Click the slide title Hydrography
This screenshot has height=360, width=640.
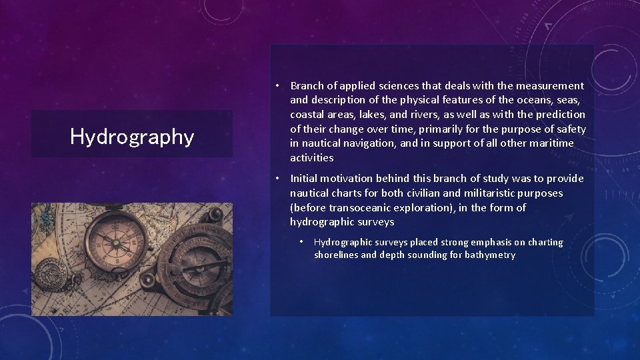pyautogui.click(x=132, y=137)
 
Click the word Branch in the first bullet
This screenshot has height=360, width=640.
pyautogui.click(x=308, y=85)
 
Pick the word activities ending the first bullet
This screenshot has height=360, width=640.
pyautogui.click(x=311, y=158)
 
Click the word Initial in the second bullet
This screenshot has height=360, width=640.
pyautogui.click(x=303, y=179)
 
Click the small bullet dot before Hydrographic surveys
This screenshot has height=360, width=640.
pyautogui.click(x=301, y=243)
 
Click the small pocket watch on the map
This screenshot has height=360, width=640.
pyautogui.click(x=50, y=273)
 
